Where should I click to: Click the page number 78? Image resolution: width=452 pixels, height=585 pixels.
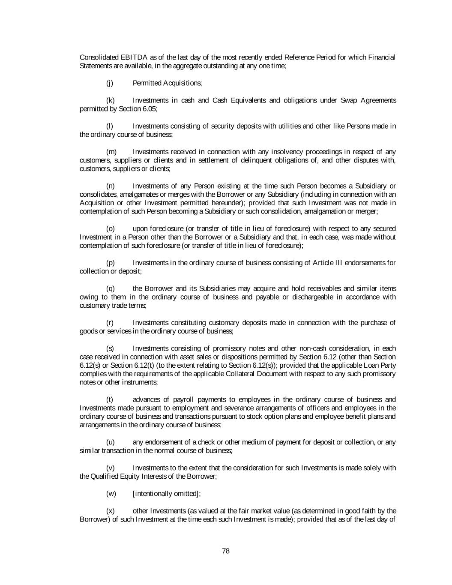tap(226, 551)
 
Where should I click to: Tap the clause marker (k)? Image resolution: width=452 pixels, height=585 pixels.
tap(110, 100)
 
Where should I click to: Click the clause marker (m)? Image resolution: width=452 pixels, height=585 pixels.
tap(111, 152)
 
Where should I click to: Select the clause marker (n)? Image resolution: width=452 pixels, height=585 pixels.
tap(110, 186)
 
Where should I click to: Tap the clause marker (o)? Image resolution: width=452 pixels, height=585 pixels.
tap(110, 228)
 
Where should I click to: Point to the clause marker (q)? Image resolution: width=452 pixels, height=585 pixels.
tap(110, 288)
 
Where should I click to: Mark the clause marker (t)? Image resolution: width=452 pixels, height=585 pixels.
tap(109, 399)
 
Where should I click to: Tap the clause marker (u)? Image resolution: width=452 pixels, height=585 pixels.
tap(110, 442)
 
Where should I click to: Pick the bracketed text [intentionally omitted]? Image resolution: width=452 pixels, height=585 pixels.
tap(166, 493)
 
